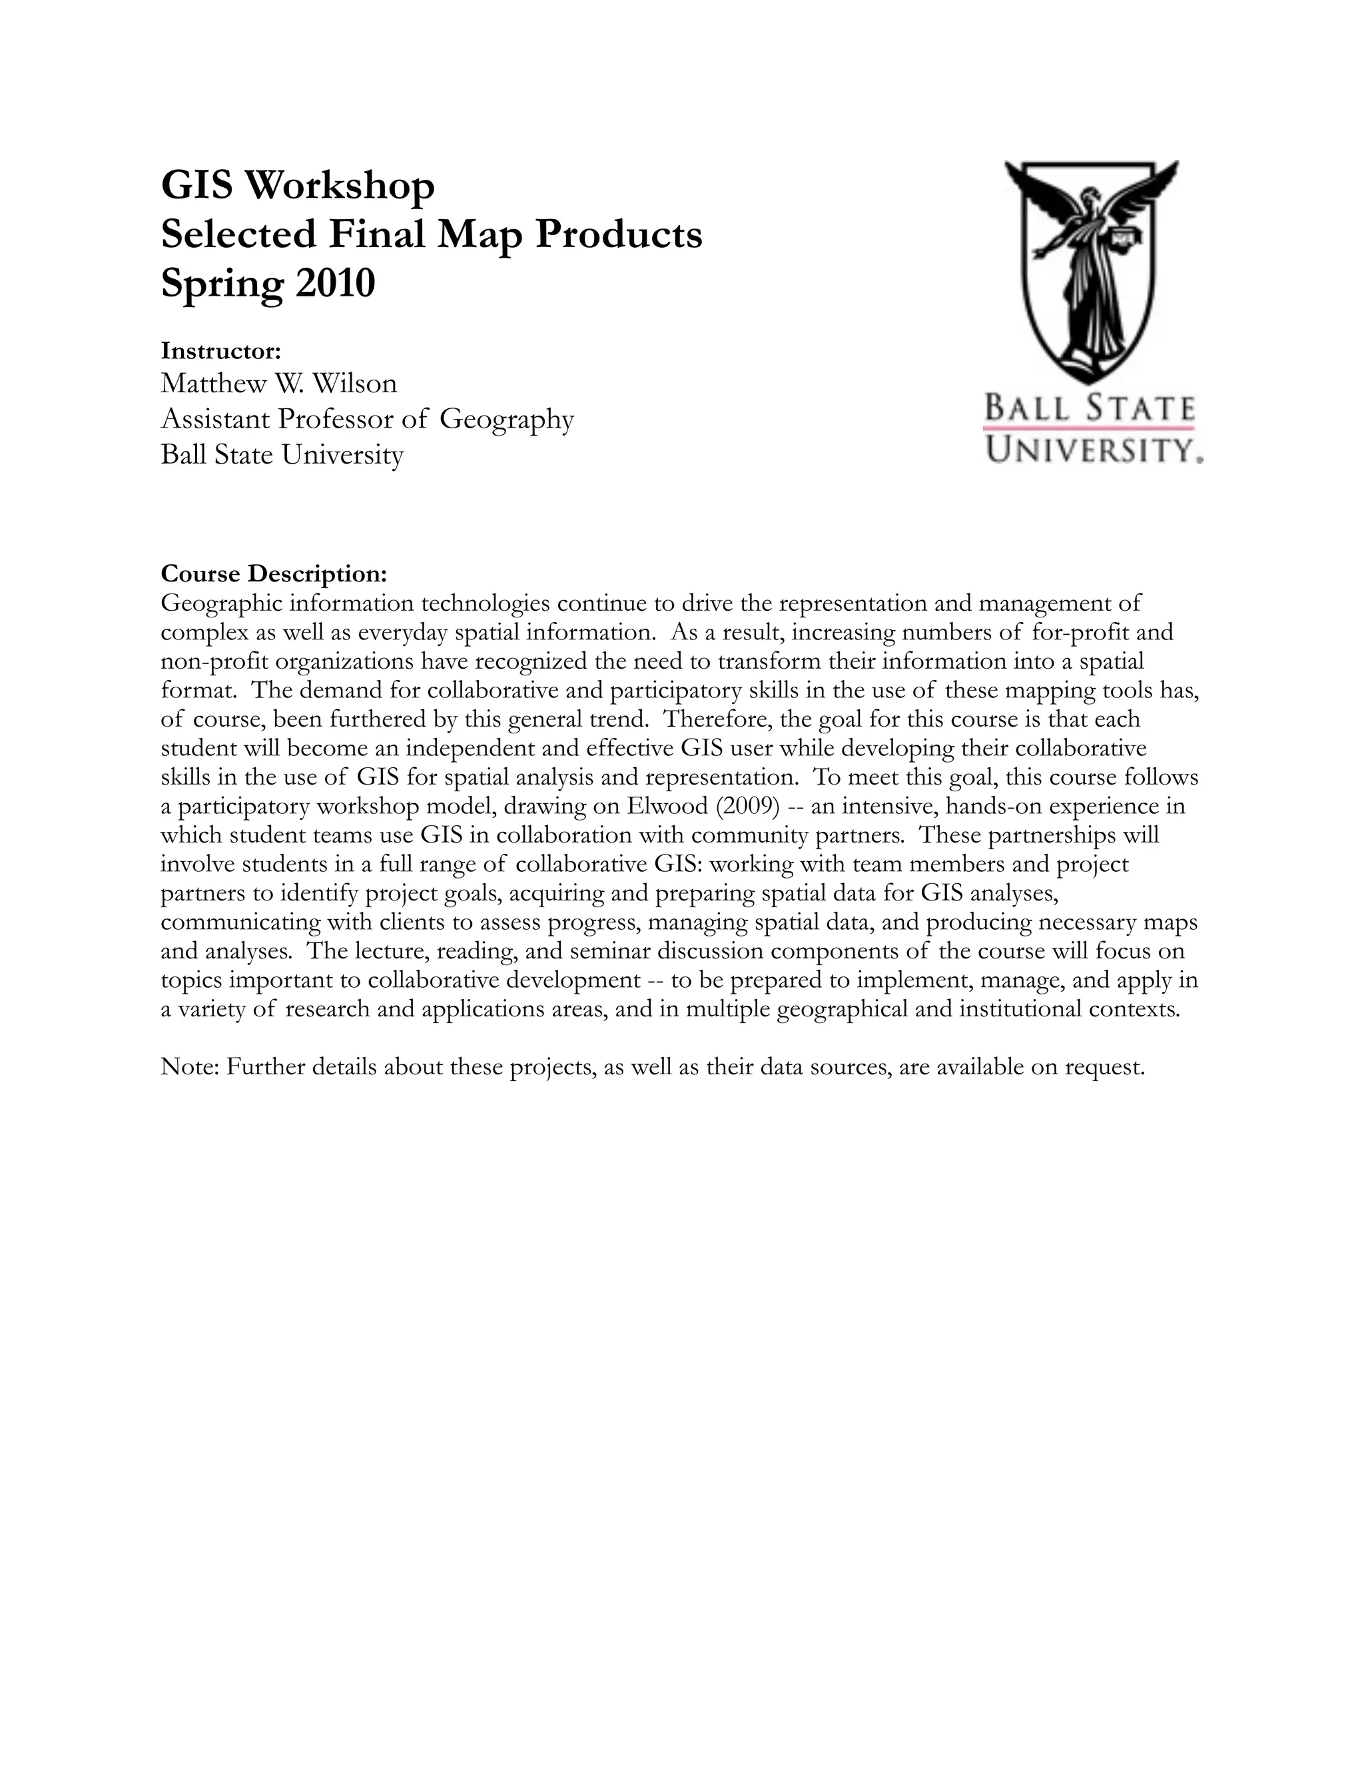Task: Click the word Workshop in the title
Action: (x=340, y=186)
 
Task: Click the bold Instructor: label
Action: (x=220, y=351)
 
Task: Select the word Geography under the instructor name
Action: (x=507, y=420)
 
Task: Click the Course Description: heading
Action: (x=274, y=573)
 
